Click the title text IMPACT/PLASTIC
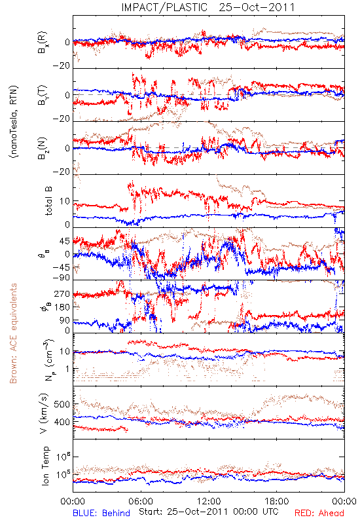164,7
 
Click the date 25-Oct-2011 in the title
257,7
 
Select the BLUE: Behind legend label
101,513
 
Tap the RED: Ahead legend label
319,513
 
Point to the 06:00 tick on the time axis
141,501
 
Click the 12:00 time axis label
209,501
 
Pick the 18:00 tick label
277,501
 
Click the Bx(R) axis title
43,43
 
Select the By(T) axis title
43,95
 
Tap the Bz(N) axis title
43,148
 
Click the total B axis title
48,201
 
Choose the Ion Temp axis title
45,466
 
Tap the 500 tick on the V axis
62,404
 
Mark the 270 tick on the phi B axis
62,294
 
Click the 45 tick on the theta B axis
64,241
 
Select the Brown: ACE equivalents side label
13,333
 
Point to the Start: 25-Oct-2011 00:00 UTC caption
209,512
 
